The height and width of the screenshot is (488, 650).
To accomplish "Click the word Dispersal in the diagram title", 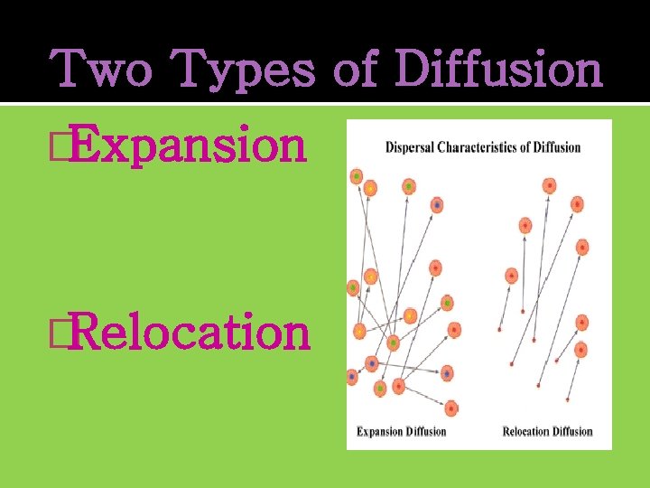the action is (x=411, y=147).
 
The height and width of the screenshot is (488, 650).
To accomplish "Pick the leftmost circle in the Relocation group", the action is (x=512, y=275).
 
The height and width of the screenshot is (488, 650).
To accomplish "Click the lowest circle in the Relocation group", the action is (x=581, y=349).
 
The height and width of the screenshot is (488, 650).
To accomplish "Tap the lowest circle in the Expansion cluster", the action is (x=452, y=408).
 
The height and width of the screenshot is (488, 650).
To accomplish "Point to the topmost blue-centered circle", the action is (x=437, y=206).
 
